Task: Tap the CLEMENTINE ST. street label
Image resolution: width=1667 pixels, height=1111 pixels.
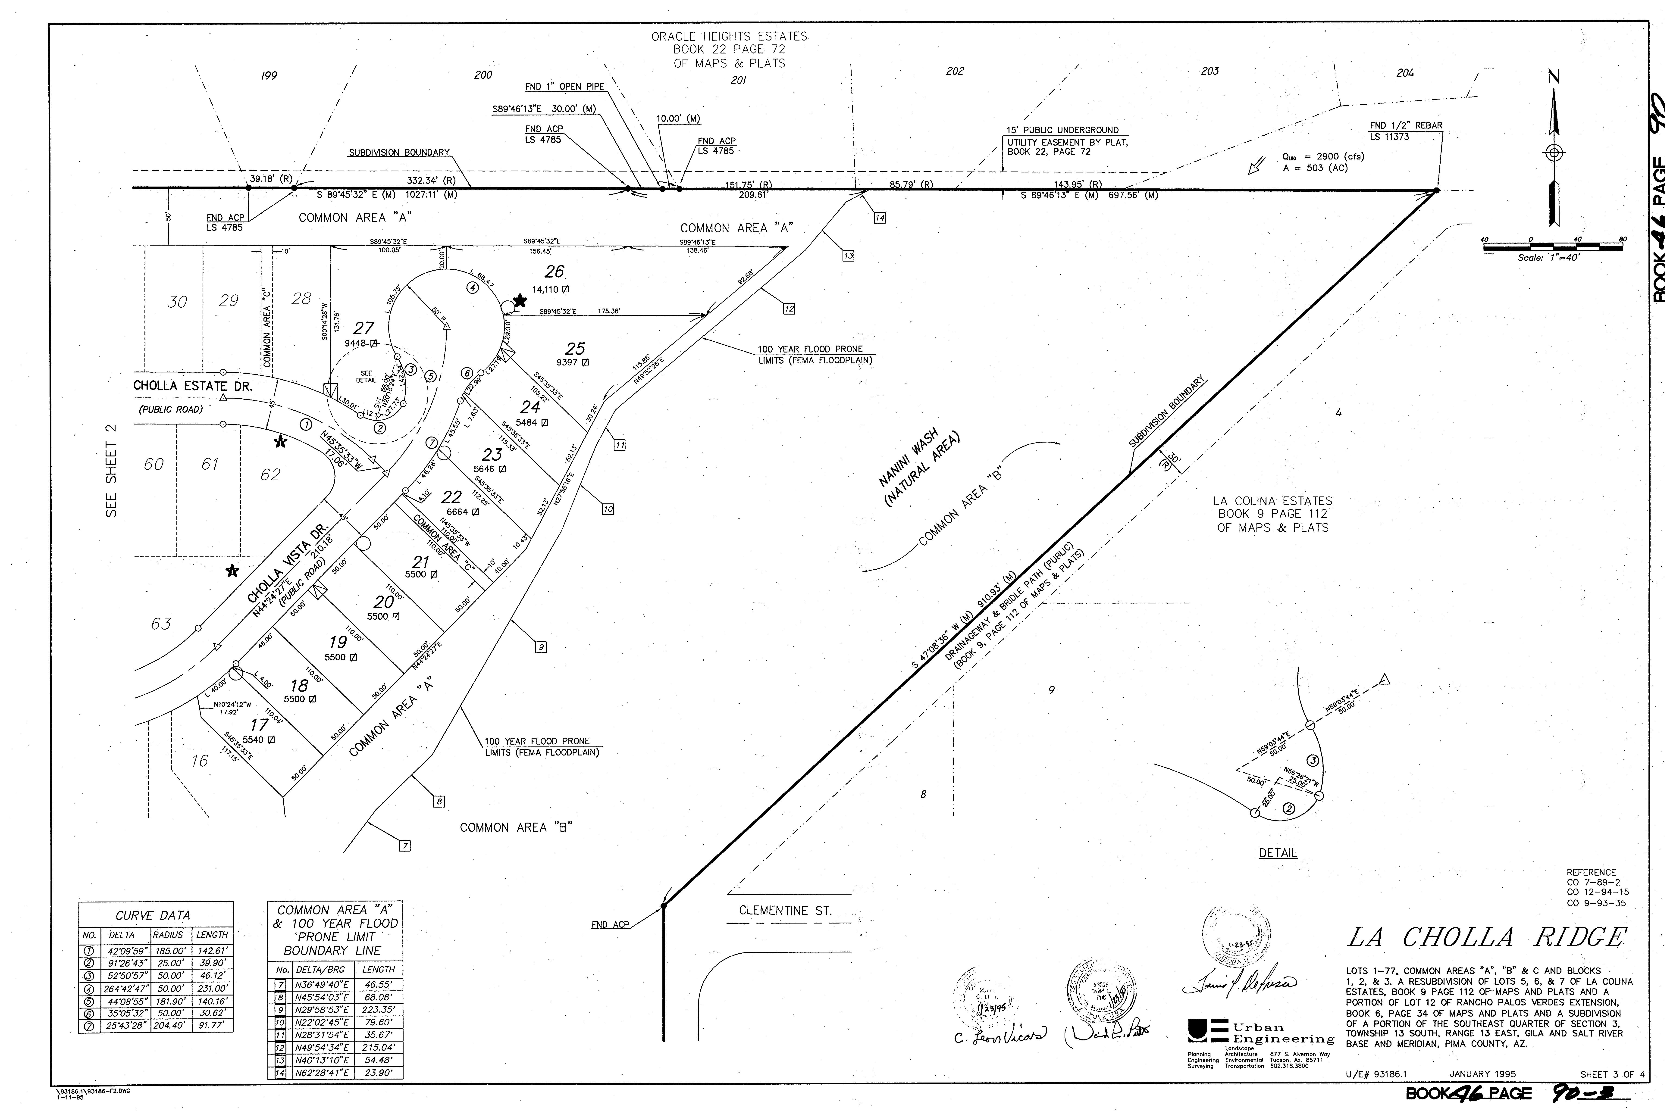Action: pos(785,911)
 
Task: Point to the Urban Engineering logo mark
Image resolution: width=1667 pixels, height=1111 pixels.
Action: pos(1207,1031)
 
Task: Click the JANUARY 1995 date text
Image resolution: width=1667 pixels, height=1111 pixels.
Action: pos(1483,1074)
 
